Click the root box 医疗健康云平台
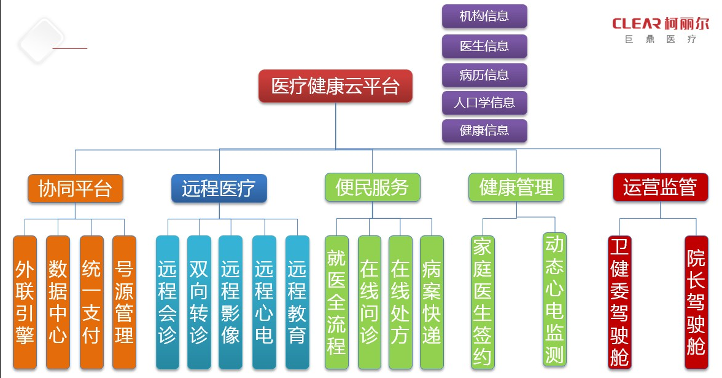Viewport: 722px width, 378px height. (x=335, y=86)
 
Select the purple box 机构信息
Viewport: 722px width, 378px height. (x=484, y=16)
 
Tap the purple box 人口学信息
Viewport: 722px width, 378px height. (x=484, y=103)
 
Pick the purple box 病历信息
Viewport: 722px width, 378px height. (x=484, y=75)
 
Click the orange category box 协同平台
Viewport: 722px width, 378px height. (x=76, y=188)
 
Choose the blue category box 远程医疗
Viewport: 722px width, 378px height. (x=219, y=188)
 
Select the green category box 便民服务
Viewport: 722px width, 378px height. (x=372, y=187)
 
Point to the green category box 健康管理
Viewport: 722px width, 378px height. (x=516, y=187)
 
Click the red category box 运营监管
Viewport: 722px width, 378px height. (x=660, y=187)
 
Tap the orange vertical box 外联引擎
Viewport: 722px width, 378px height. (x=25, y=302)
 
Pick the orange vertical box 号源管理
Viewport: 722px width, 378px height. (x=124, y=302)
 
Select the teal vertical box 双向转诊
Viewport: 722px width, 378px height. (x=199, y=302)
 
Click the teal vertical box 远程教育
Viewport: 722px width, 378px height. (x=297, y=302)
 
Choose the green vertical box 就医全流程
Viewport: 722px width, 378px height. (x=336, y=302)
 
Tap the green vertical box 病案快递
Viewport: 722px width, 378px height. (x=432, y=302)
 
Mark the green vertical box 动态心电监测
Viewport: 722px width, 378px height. (x=555, y=299)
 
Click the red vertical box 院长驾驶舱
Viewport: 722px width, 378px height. (x=696, y=302)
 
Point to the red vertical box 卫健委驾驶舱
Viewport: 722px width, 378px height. (x=619, y=302)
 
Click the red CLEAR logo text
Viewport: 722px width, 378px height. (x=636, y=24)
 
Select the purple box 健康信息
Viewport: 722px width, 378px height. (x=484, y=130)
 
